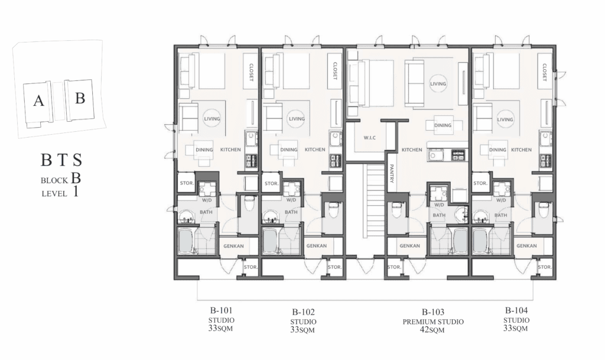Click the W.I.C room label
(369, 138)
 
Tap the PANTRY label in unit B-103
(391, 174)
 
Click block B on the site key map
(80, 99)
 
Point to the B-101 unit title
(221, 310)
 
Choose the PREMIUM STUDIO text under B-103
(433, 322)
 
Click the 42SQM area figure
(432, 330)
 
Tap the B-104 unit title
(516, 310)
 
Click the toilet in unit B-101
(250, 203)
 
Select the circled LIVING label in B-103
(438, 84)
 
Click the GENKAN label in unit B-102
(317, 246)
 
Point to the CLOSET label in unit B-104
(544, 72)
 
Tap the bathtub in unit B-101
(186, 241)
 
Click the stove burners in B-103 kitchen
(458, 156)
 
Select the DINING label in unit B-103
(443, 125)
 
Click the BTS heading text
(61, 160)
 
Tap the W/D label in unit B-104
(501, 200)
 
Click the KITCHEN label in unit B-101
(230, 150)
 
